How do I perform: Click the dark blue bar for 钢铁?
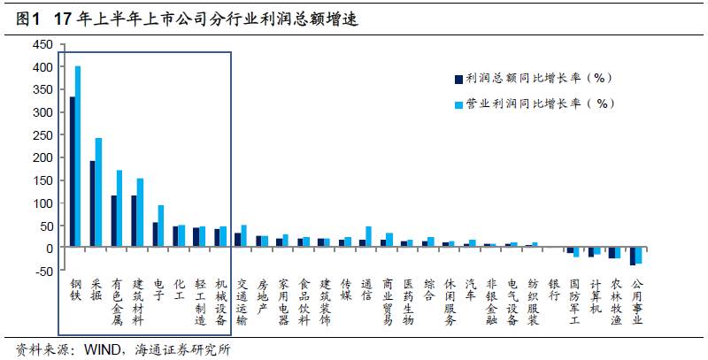tap(73, 172)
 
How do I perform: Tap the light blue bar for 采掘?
tap(99, 193)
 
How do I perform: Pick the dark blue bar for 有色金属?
tap(113, 221)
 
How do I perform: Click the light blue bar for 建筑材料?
tap(140, 213)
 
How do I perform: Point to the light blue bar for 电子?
tap(161, 226)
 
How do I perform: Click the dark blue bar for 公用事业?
tap(632, 257)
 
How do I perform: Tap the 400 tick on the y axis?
tap(42, 67)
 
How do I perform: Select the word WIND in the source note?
tap(104, 349)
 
